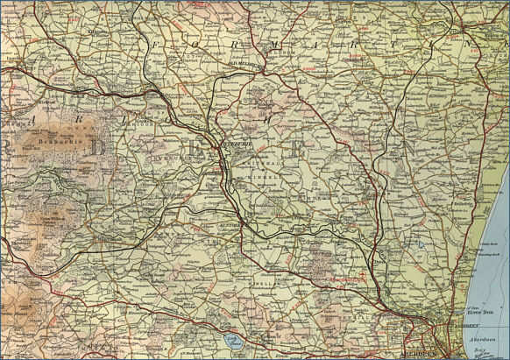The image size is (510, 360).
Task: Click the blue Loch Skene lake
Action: click(x=232, y=342)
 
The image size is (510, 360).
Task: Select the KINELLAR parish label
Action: click(x=268, y=285)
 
